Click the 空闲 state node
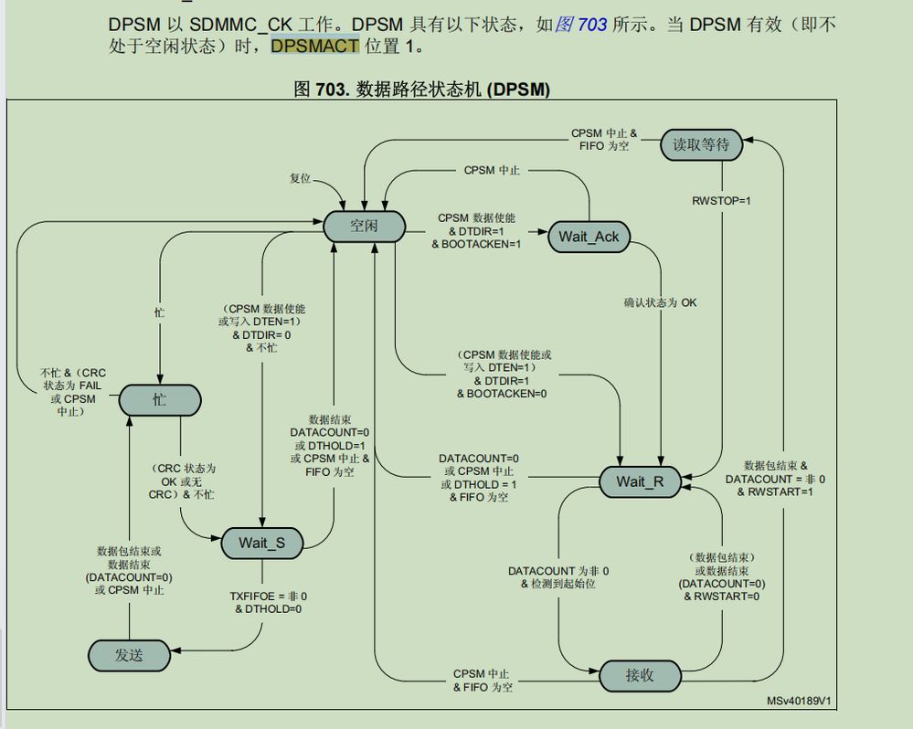pyautogui.click(x=364, y=226)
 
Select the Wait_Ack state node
pyautogui.click(x=589, y=237)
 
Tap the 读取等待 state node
pyautogui.click(x=701, y=144)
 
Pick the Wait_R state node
pyautogui.click(x=640, y=482)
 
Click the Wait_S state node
pyautogui.click(x=262, y=543)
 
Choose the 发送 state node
pyautogui.click(x=129, y=654)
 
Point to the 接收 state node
pyautogui.click(x=640, y=676)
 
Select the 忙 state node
pyautogui.click(x=159, y=400)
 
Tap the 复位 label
pyautogui.click(x=301, y=178)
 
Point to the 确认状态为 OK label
pyautogui.click(x=660, y=302)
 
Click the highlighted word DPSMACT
pyautogui.click(x=315, y=46)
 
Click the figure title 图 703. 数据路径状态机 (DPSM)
pyautogui.click(x=421, y=89)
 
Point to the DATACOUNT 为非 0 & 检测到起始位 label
pyautogui.click(x=558, y=577)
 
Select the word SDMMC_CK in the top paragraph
pyautogui.click(x=241, y=25)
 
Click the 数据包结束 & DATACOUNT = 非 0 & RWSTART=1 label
pyautogui.click(x=775, y=479)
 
